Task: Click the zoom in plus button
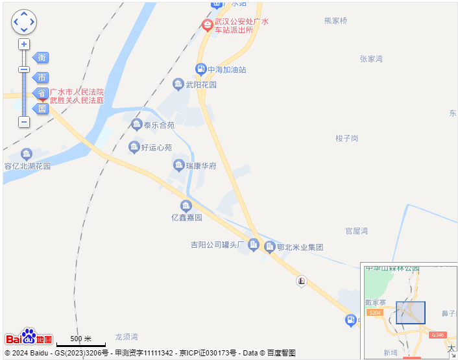[24, 45]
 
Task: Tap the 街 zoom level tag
[42, 58]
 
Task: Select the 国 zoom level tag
[42, 108]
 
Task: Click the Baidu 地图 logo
[29, 337]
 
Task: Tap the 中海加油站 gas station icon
[201, 69]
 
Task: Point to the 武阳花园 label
[201, 84]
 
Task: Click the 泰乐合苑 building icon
[136, 125]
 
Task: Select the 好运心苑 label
[156, 147]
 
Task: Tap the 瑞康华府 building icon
[178, 165]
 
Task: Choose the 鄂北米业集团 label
[300, 246]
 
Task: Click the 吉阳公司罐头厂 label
[216, 245]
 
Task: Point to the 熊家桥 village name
[335, 21]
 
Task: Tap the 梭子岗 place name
[347, 138]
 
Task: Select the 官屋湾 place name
[357, 231]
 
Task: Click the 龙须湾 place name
[127, 337]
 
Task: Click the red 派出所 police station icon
[208, 25]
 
